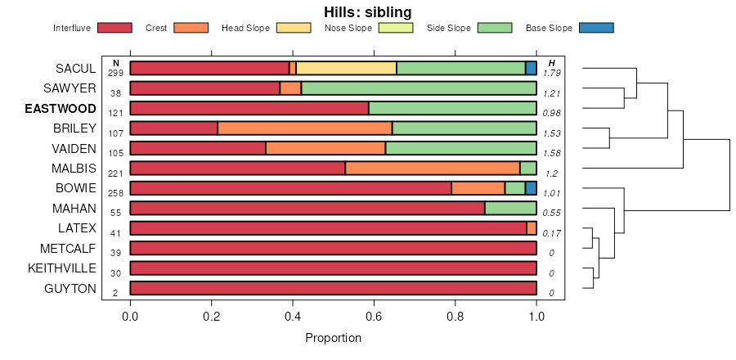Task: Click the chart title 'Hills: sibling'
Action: coord(367,12)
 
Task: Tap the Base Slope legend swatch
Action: coord(595,28)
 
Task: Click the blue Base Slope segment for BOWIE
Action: coord(531,188)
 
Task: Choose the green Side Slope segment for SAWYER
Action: coord(419,88)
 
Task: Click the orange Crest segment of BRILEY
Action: coord(305,128)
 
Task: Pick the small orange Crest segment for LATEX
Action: coord(532,228)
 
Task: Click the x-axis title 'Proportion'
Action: coord(333,338)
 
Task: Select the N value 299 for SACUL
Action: coord(115,74)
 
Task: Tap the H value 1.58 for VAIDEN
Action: coord(552,153)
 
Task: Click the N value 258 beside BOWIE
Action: coord(115,193)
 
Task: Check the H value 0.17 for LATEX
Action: coord(552,233)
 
